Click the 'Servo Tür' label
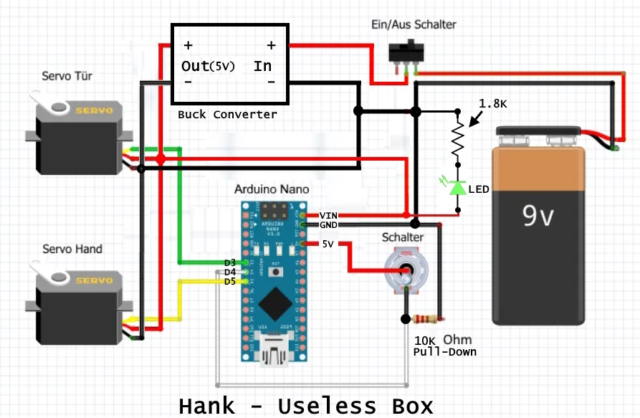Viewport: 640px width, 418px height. (x=67, y=76)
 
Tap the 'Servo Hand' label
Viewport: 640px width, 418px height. (x=72, y=249)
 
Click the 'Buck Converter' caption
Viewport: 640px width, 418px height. (x=227, y=115)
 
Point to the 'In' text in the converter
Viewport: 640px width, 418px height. (x=262, y=66)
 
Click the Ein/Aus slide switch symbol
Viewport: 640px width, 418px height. (x=406, y=53)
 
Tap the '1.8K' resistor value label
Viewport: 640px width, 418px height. (x=493, y=104)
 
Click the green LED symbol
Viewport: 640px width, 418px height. (x=457, y=187)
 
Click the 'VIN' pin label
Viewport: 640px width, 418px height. (x=328, y=215)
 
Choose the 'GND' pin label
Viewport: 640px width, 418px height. (x=328, y=225)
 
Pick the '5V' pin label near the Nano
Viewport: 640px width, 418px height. (x=328, y=244)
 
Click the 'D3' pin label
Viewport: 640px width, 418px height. (x=229, y=262)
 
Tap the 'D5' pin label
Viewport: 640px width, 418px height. (x=229, y=281)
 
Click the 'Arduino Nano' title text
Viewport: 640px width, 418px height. (x=272, y=190)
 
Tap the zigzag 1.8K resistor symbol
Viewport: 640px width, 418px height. (x=457, y=141)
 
